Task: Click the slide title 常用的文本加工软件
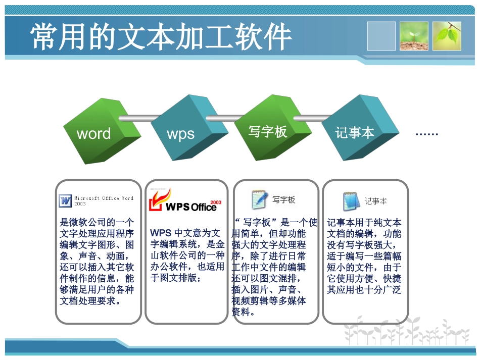click(161, 36)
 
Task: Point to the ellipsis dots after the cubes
click(426, 134)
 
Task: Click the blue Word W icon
click(66, 200)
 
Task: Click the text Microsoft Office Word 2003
click(104, 200)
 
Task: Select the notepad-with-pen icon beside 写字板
click(259, 199)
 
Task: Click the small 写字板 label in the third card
click(283, 200)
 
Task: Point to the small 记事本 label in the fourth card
click(375, 201)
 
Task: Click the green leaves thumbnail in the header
click(447, 36)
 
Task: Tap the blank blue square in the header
click(381, 36)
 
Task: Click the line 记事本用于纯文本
click(364, 223)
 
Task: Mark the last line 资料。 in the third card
click(241, 312)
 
